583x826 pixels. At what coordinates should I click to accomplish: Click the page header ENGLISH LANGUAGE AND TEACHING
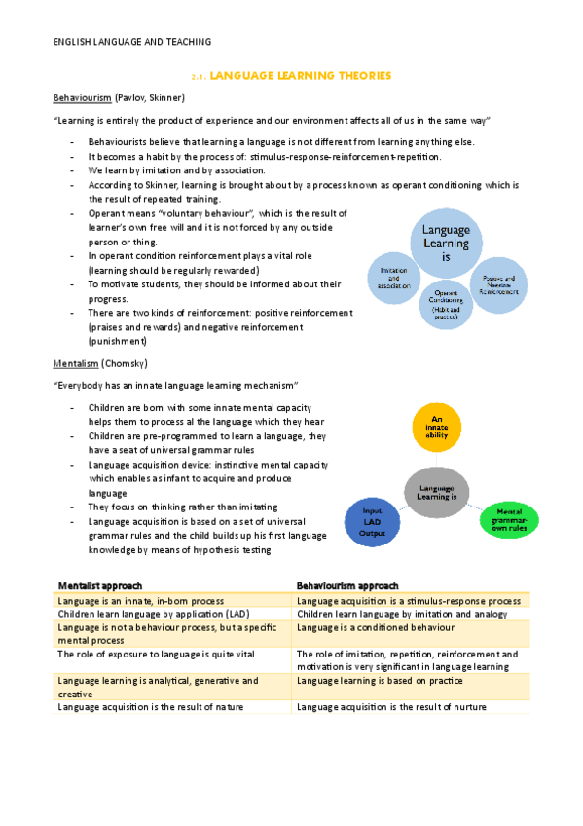pos(131,41)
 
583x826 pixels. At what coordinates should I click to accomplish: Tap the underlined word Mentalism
pos(75,363)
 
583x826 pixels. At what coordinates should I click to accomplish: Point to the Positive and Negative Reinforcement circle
pos(499,285)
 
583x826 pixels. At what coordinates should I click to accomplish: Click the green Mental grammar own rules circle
pos(509,518)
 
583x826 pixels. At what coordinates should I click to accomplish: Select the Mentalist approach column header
pos(100,585)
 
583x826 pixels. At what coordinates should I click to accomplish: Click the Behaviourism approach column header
pos(347,585)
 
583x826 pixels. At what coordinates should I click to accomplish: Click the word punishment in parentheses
pos(118,341)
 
